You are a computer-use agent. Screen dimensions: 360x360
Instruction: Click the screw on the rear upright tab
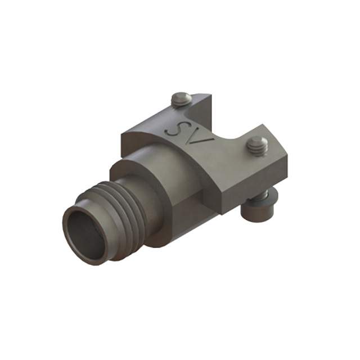click(181, 100)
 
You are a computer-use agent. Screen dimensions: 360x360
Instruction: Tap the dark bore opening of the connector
click(85, 231)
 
